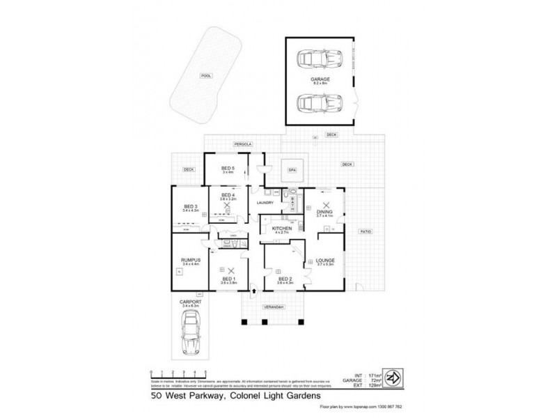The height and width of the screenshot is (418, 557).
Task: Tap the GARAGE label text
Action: click(x=321, y=80)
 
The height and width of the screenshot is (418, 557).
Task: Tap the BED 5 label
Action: click(x=228, y=168)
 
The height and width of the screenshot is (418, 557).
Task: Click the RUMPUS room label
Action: click(x=190, y=260)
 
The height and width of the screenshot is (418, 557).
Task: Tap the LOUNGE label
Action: click(x=325, y=260)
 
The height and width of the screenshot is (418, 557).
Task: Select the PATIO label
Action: click(x=363, y=231)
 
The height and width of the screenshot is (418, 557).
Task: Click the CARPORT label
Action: click(x=189, y=301)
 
